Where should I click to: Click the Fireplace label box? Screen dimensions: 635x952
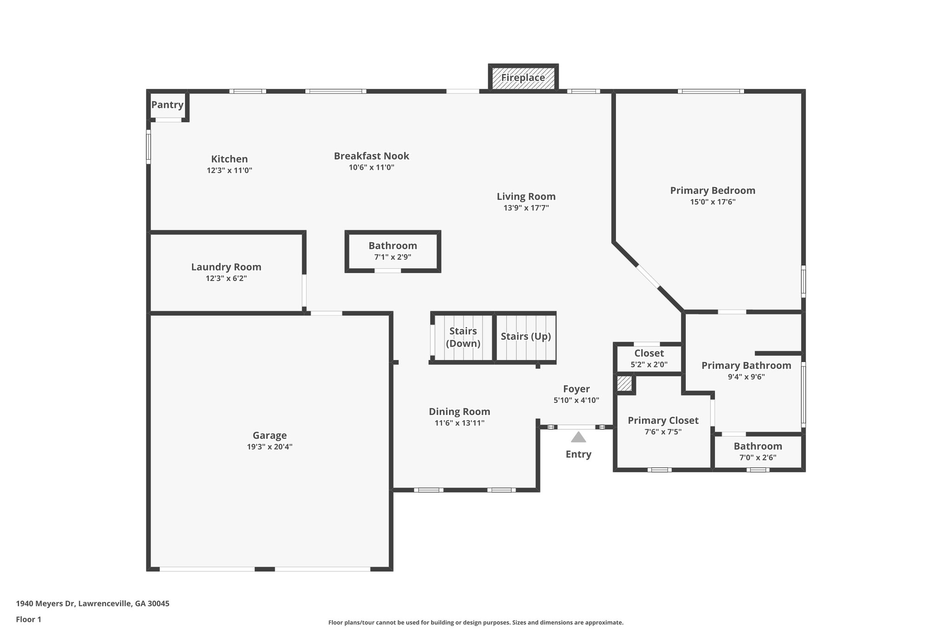[523, 78]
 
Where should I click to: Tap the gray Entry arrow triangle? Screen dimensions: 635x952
[578, 437]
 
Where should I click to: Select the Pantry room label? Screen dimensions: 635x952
[167, 105]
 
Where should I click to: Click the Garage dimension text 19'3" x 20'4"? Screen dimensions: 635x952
[270, 447]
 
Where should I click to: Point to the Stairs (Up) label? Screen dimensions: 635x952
[526, 336]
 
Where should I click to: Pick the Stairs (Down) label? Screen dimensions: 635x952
[463, 337]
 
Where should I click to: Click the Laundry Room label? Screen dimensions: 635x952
[226, 267]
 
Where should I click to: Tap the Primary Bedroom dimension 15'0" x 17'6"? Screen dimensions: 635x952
[713, 202]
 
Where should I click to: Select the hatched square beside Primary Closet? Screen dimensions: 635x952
[624, 384]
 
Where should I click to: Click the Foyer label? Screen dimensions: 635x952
[576, 389]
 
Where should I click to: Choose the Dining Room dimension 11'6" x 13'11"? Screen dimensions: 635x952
[459, 423]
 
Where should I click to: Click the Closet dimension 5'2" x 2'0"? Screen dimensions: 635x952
[649, 365]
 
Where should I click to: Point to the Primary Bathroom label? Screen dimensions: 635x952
[746, 366]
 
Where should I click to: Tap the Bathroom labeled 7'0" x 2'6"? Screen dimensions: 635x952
[758, 446]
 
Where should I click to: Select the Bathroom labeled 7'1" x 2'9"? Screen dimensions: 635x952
[393, 246]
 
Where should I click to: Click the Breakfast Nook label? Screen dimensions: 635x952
[371, 156]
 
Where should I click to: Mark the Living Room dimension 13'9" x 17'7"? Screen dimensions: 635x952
[526, 208]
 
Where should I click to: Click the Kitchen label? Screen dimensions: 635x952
[229, 159]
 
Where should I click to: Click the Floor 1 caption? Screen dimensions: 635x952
[29, 620]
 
